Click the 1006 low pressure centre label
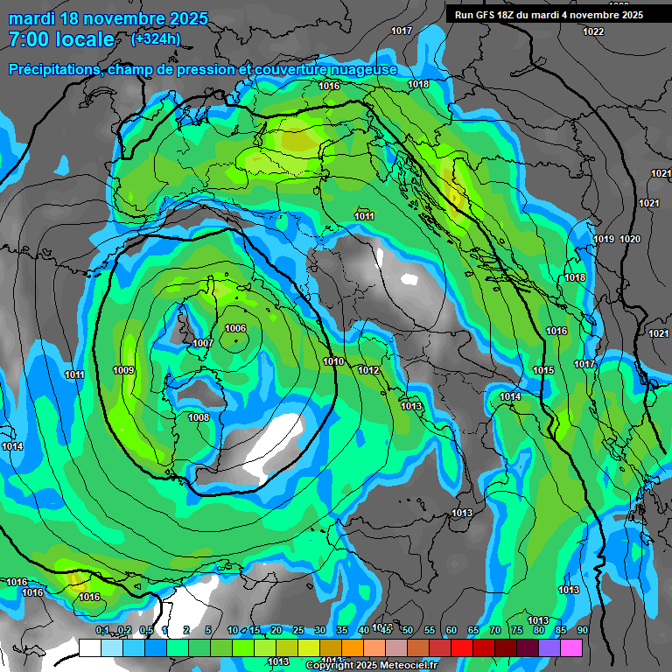point(235,328)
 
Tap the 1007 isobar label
point(203,344)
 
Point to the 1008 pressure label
point(199,417)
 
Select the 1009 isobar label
point(123,371)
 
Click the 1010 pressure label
point(333,361)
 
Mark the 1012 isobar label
point(368,371)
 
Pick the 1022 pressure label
point(593,31)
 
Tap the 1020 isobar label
point(630,239)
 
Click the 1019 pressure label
point(604,239)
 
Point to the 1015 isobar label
point(543,371)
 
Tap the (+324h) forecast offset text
point(155,38)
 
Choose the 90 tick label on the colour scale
point(583,630)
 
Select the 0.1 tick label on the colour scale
point(102,630)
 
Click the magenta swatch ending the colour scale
point(571,647)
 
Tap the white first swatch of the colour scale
point(90,647)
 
